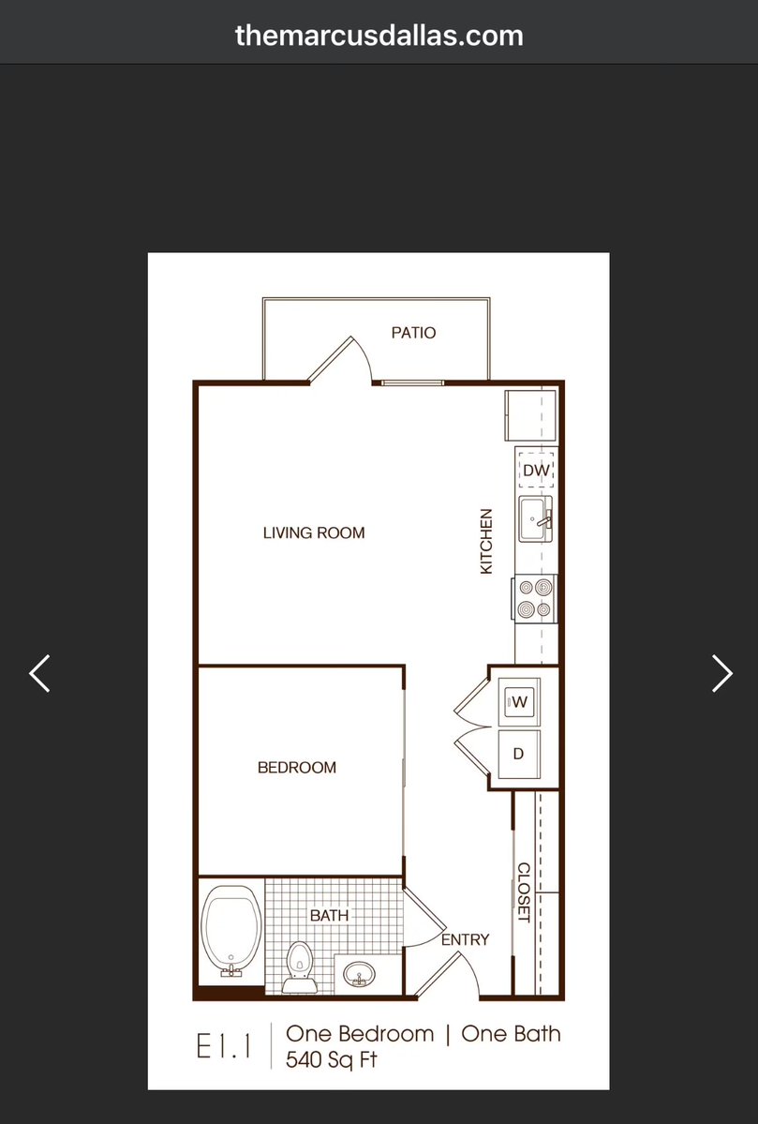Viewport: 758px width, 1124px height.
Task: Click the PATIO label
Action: [x=413, y=333]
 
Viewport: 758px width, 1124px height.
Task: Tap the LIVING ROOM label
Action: [x=314, y=532]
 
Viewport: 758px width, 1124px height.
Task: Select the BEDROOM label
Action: [x=297, y=768]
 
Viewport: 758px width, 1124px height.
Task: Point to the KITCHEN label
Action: [x=486, y=541]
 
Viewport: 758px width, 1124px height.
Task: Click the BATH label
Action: [x=330, y=915]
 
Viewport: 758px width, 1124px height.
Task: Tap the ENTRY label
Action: [x=465, y=939]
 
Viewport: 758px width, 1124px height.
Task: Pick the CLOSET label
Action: [x=524, y=892]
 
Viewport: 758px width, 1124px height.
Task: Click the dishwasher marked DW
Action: [x=536, y=471]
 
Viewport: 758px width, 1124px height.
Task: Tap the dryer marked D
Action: [x=519, y=754]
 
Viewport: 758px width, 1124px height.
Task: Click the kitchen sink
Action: [x=536, y=519]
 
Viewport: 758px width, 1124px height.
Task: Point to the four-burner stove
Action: [x=535, y=598]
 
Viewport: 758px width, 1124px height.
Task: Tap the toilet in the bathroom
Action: [x=300, y=967]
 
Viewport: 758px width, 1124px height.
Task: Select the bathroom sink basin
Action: [x=358, y=974]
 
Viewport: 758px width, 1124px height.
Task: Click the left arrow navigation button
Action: [x=39, y=673]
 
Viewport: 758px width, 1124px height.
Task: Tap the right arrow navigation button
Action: [x=722, y=673]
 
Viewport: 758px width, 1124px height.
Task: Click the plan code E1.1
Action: [x=224, y=1046]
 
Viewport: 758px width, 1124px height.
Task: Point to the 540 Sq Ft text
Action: [x=331, y=1059]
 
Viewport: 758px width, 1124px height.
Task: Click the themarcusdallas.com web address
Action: [x=379, y=35]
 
